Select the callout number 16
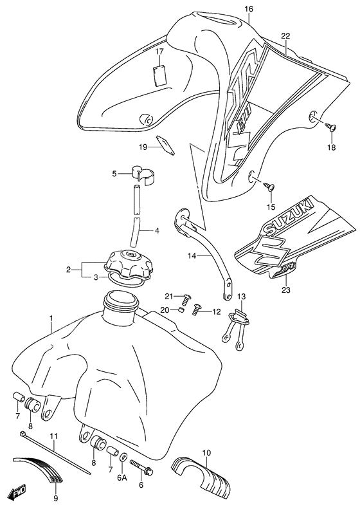tap(248, 9)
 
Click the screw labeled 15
tap(269, 186)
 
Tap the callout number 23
tap(286, 290)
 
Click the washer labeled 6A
tap(123, 458)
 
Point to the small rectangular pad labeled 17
tap(159, 76)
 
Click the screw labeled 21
tap(186, 299)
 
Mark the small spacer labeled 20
tap(182, 310)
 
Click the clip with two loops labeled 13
tap(236, 330)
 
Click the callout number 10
tap(206, 453)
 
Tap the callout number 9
tap(55, 499)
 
